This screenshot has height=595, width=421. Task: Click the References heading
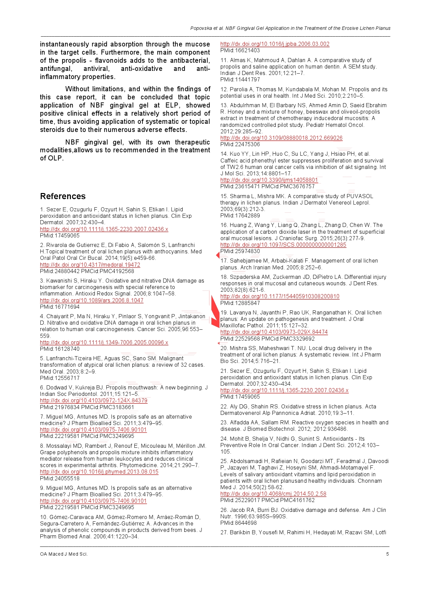pyautogui.click(x=63, y=196)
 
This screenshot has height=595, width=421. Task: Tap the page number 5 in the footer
pyautogui.click(x=387, y=554)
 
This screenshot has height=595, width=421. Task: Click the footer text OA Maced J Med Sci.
pyautogui.click(x=64, y=554)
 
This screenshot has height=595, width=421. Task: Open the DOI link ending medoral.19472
pyautogui.click(x=90, y=265)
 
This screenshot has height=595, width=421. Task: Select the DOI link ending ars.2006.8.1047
pyautogui.click(x=92, y=300)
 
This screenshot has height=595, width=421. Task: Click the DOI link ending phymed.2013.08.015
pyautogui.click(x=99, y=472)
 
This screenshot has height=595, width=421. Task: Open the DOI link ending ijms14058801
pyautogui.click(x=269, y=180)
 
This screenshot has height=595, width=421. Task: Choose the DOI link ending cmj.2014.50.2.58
pyautogui.click(x=273, y=494)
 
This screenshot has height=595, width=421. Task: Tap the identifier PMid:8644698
pyautogui.click(x=238, y=523)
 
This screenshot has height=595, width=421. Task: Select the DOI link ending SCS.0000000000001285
pyautogui.click(x=283, y=245)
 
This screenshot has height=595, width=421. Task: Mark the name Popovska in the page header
pyautogui.click(x=201, y=28)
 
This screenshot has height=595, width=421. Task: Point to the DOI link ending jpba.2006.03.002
pyautogui.click(x=275, y=44)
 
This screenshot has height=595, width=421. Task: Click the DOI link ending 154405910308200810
pyautogui.click(x=280, y=296)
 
